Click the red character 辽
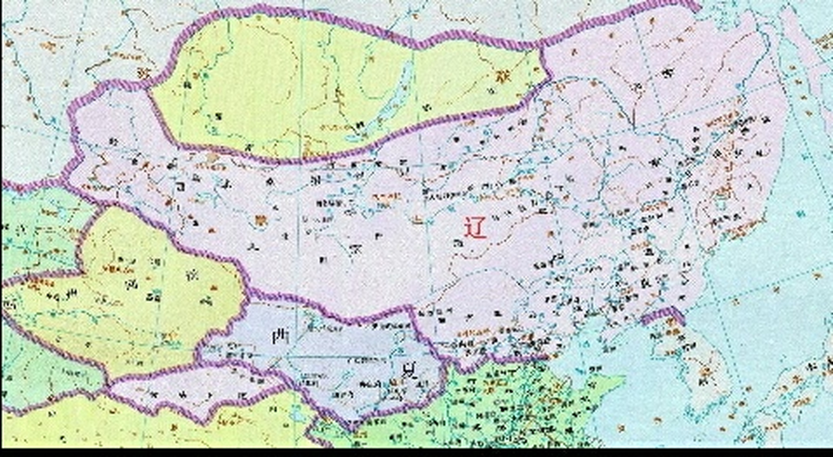[475, 227]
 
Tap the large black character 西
[281, 337]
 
